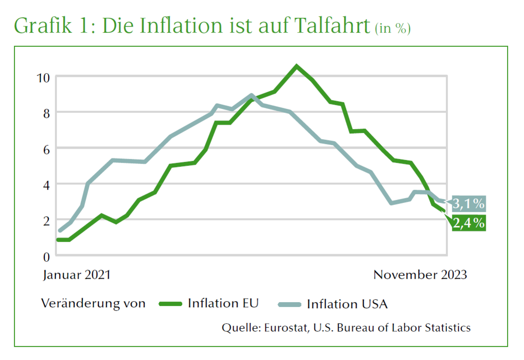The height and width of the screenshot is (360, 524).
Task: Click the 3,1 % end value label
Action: coord(468,204)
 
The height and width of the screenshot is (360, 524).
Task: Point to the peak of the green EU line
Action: coord(296,66)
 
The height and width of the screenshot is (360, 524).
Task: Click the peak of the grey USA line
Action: coord(251,96)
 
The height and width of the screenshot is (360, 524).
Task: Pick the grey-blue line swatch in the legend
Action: coord(290,304)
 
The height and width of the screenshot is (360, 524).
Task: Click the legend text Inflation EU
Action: coord(223,304)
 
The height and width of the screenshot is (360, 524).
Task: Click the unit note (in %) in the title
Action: coord(393,28)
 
